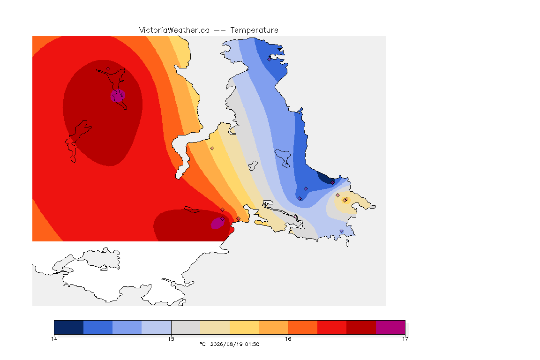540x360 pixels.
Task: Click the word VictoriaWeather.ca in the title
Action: tap(174, 30)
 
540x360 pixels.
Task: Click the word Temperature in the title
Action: tap(254, 30)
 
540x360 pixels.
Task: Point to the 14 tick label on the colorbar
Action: tap(54, 339)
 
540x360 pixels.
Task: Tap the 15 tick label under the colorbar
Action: tap(171, 339)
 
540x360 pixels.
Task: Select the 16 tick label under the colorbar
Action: tap(288, 339)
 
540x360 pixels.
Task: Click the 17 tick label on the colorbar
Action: tap(405, 339)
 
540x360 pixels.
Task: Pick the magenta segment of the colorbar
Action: tap(390, 327)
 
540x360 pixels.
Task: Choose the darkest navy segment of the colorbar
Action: tap(69, 327)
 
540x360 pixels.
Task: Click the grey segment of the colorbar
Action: tap(186, 327)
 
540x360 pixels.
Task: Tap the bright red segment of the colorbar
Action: tap(332, 327)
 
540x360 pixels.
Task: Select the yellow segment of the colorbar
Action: tap(244, 327)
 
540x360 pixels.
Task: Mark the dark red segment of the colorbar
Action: tap(361, 327)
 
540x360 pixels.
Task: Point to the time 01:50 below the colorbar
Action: tap(252, 344)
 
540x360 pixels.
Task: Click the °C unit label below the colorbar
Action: tap(202, 344)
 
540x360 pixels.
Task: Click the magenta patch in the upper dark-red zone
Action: tap(118, 96)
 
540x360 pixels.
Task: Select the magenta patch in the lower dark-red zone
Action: tap(217, 223)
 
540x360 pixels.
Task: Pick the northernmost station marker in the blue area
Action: tap(270, 59)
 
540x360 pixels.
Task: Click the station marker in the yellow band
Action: tap(212, 149)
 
